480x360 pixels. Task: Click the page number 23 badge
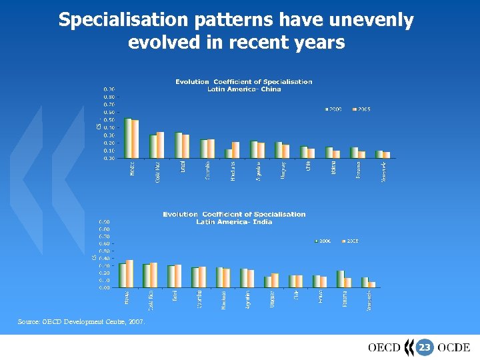(424, 347)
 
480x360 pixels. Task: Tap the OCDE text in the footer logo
(454, 347)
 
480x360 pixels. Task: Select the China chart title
(243, 85)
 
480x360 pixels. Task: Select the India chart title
(234, 218)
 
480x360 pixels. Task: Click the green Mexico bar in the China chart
(127, 138)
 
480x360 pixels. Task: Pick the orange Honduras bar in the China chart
(235, 150)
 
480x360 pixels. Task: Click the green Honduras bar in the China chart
(229, 153)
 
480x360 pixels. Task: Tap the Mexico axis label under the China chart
(131, 168)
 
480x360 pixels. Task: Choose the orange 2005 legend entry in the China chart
(361, 109)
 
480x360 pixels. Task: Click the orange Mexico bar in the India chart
(130, 273)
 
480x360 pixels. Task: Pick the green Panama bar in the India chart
(340, 279)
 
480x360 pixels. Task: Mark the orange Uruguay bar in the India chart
(274, 280)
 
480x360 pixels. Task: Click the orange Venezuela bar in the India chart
(372, 284)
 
